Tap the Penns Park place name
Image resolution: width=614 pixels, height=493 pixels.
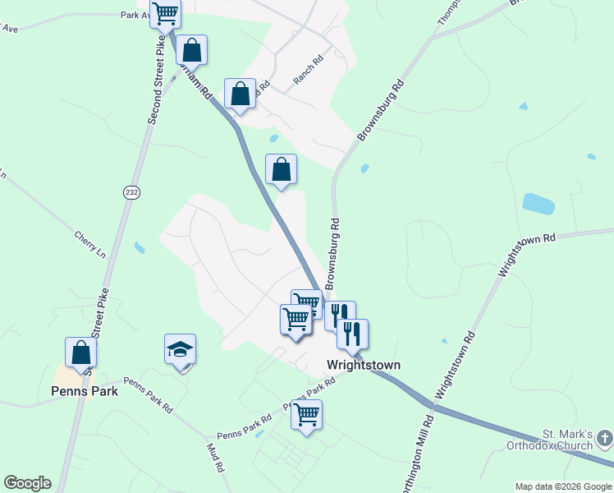click(85, 391)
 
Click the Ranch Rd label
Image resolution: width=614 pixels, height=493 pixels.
click(309, 71)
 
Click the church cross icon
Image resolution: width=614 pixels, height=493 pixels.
click(605, 438)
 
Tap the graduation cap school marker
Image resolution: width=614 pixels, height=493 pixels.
click(180, 351)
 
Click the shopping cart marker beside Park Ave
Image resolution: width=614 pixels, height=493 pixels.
click(165, 14)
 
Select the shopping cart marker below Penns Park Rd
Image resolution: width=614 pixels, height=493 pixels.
click(306, 415)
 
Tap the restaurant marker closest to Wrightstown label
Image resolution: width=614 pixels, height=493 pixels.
click(352, 334)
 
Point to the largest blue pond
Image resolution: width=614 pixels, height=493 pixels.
click(538, 203)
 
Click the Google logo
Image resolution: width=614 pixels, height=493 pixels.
click(27, 483)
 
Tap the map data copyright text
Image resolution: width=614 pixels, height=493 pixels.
click(563, 486)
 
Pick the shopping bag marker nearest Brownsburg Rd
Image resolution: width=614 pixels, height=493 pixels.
click(281, 170)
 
